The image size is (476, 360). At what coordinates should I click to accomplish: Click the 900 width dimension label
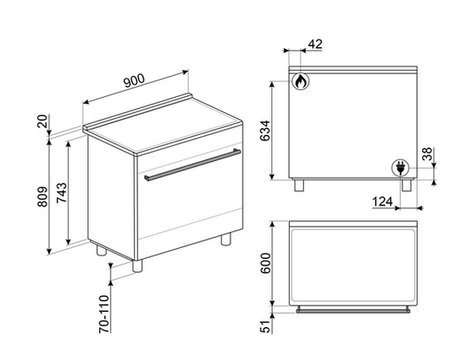click(135, 81)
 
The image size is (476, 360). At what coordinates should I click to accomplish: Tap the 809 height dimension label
click(43, 196)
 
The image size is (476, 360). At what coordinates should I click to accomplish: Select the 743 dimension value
click(62, 192)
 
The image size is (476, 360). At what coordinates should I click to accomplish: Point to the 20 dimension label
click(42, 121)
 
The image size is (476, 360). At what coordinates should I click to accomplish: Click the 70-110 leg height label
click(104, 314)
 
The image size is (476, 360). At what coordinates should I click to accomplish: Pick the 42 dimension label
click(315, 45)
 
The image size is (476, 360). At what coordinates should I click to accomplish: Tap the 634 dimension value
click(265, 131)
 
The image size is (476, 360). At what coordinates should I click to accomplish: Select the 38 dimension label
click(427, 154)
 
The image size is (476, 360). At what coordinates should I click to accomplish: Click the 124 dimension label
click(382, 201)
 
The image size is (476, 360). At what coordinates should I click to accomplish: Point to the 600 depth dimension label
click(265, 263)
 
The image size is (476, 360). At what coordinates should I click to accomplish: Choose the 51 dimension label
click(265, 326)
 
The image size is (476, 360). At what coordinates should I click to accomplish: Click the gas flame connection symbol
click(301, 81)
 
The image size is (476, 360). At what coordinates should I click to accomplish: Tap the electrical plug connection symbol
click(400, 168)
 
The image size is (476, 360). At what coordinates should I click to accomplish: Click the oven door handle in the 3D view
click(192, 164)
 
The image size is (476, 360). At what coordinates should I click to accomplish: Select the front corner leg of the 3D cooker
click(137, 266)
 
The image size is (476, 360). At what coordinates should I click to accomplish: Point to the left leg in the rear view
click(299, 185)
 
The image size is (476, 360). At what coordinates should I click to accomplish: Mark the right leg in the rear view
click(407, 185)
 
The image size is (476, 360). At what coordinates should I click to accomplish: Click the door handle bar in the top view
click(353, 310)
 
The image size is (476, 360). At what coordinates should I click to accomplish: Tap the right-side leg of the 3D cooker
click(226, 239)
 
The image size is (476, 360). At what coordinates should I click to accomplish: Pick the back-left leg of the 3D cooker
click(101, 250)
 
